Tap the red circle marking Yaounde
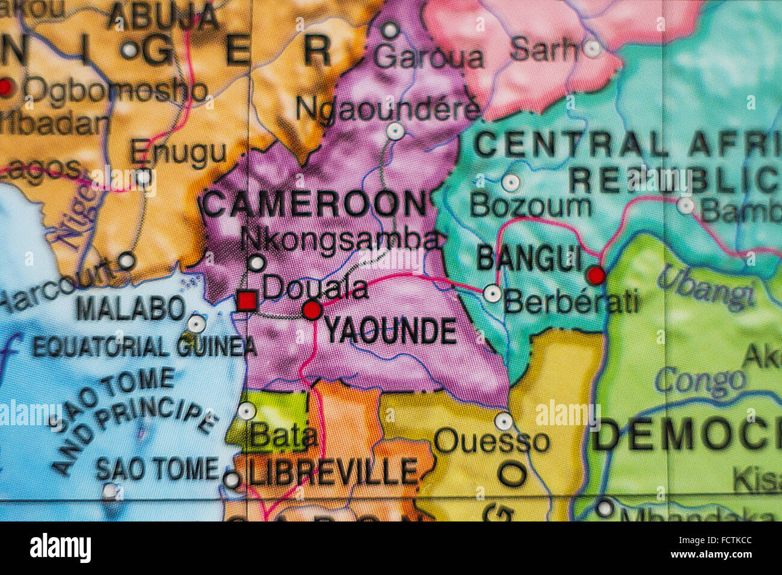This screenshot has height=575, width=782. [x=312, y=310]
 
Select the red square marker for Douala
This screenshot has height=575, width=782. [x=247, y=300]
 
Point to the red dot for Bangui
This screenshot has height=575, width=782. [x=596, y=275]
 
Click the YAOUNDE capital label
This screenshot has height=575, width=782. [x=390, y=331]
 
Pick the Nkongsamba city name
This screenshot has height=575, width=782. [x=340, y=239]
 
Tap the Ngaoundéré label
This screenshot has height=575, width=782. [x=388, y=109]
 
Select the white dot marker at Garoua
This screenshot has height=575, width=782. [x=390, y=29]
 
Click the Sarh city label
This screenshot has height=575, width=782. [x=542, y=49]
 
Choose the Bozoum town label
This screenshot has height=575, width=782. [x=530, y=206]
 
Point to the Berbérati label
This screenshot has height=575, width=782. [x=571, y=301]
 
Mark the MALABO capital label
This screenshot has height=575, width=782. [x=131, y=309]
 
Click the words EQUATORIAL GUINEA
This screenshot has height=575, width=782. [x=144, y=347]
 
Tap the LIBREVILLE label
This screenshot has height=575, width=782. [x=333, y=472]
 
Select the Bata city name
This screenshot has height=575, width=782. [x=283, y=437]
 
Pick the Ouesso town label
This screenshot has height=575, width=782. [x=491, y=441]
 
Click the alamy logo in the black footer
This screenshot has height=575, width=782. [x=61, y=548]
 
